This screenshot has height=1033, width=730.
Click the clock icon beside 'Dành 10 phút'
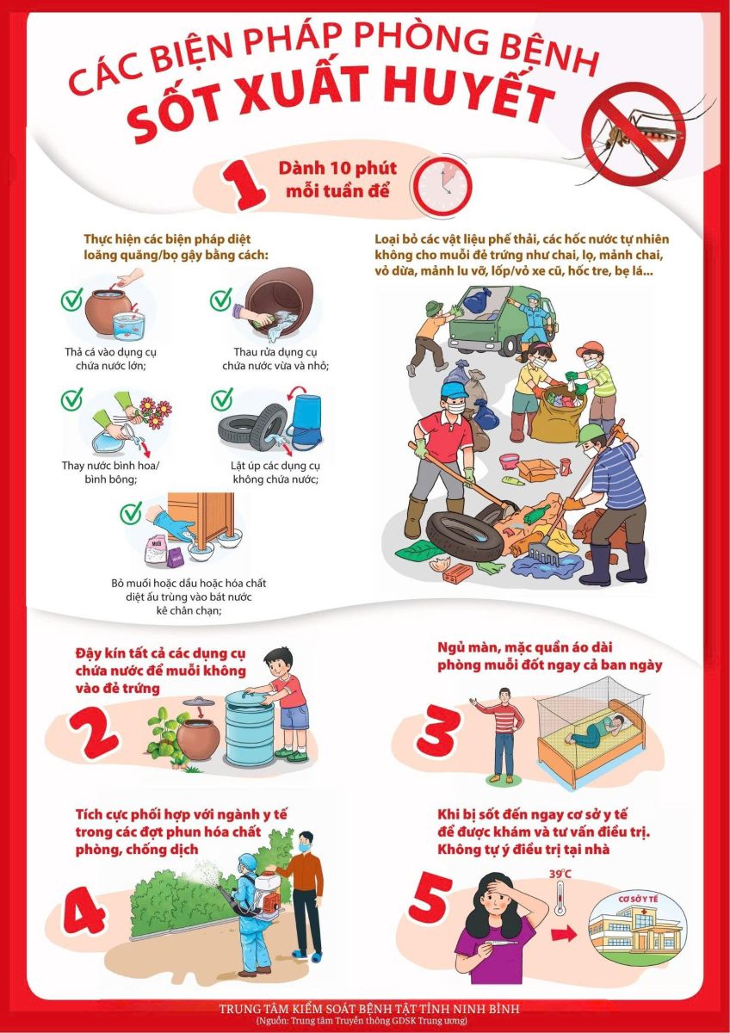pos(444,186)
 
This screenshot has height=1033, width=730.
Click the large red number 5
pos(430,895)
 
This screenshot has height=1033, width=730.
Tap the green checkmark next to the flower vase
pos(72,399)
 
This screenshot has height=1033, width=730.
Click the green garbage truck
pos(503,320)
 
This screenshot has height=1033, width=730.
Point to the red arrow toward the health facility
pos(564,934)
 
